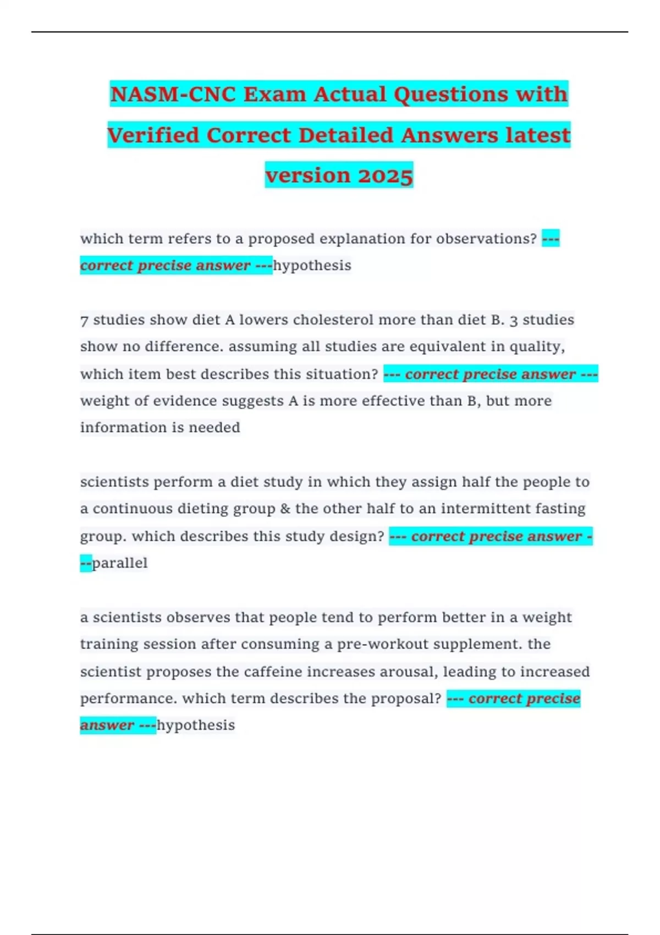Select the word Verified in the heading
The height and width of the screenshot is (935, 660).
tap(153, 135)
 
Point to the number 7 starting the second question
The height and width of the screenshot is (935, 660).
tap(84, 320)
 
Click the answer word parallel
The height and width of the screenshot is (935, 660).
tap(120, 563)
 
